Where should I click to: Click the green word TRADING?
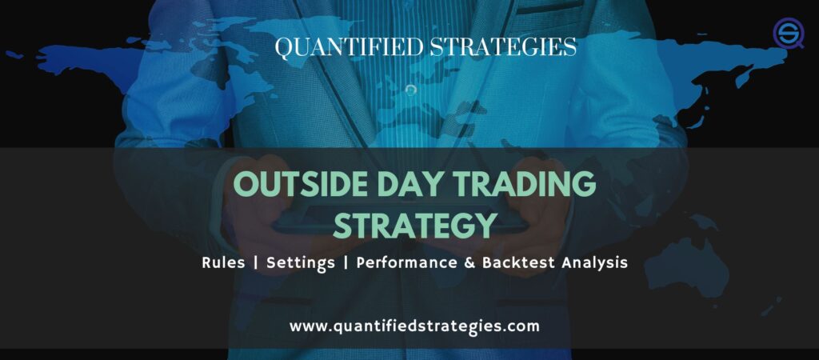(x=529, y=185)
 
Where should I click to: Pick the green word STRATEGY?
(x=414, y=226)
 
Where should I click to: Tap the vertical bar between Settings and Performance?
(x=346, y=263)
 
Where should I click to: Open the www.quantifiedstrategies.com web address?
(x=414, y=326)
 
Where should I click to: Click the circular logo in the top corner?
(x=789, y=34)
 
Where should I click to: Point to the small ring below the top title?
(x=411, y=90)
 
